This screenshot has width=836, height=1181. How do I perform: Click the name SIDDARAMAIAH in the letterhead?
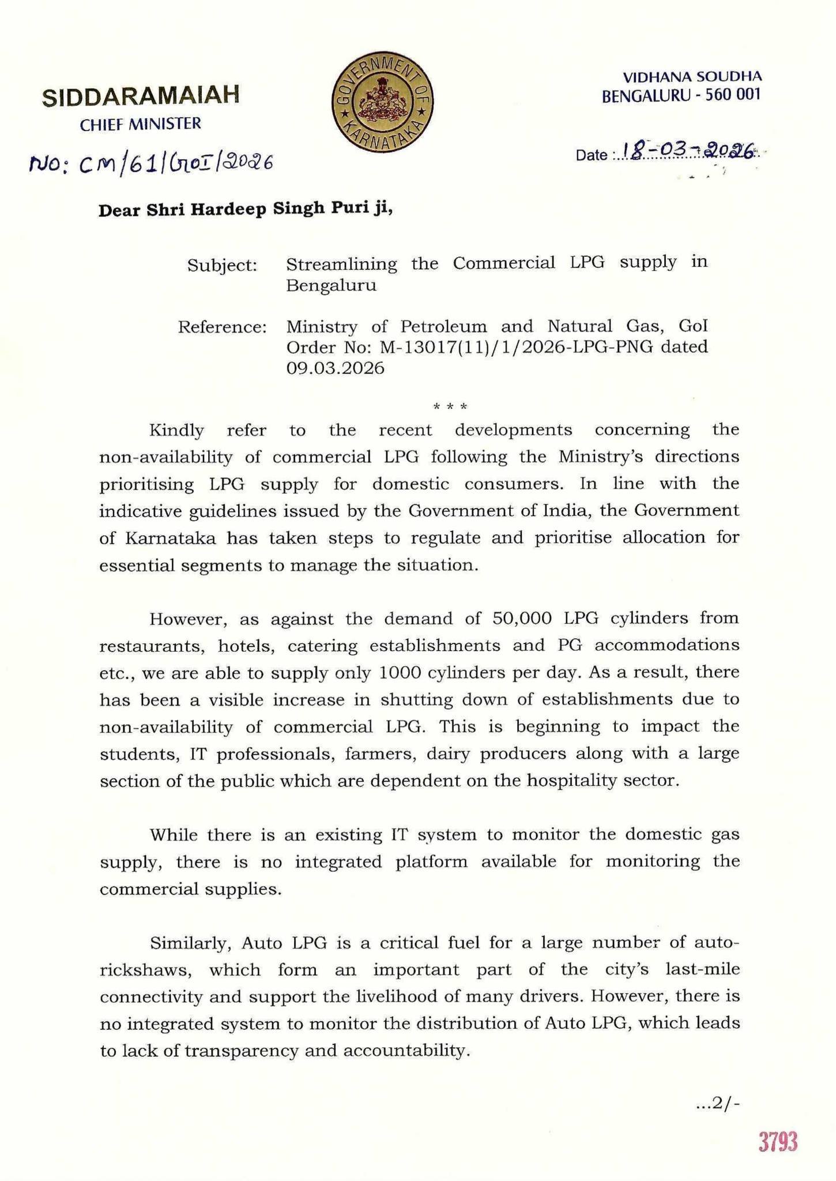pyautogui.click(x=141, y=96)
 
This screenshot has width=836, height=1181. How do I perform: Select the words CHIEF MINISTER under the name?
pyautogui.click(x=141, y=124)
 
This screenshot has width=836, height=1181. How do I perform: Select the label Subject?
pyautogui.click(x=223, y=266)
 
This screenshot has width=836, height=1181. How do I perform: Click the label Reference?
pyautogui.click(x=223, y=328)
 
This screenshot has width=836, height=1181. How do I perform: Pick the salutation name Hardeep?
pyautogui.click(x=228, y=209)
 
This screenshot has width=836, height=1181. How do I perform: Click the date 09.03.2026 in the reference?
pyautogui.click(x=336, y=368)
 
